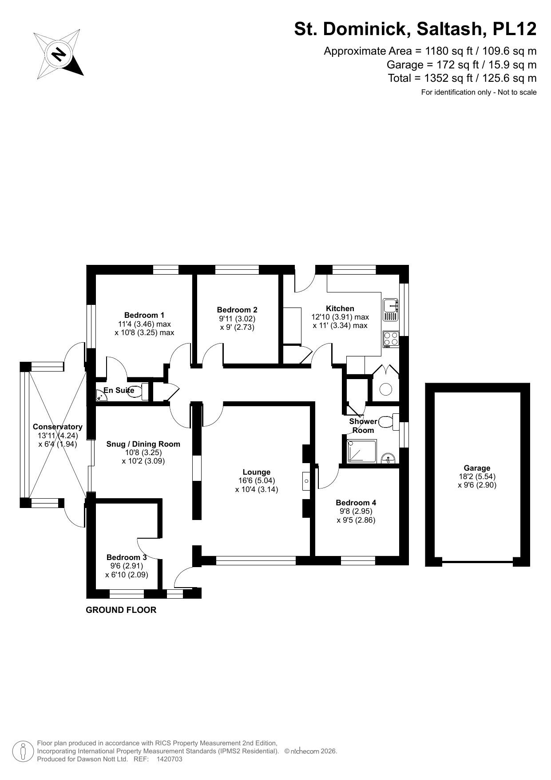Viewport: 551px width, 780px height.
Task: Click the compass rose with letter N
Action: coord(59,54)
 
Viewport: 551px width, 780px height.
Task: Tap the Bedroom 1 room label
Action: coord(144,315)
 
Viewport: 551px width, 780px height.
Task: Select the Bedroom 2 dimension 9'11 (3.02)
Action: coord(237,319)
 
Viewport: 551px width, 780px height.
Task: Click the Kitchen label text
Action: coord(340,308)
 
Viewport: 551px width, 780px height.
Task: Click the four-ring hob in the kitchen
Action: coord(391,339)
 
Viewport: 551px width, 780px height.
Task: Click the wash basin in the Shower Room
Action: coord(388,458)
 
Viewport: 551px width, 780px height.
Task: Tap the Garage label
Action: coord(477,468)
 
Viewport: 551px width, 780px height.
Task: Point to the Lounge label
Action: coord(256,472)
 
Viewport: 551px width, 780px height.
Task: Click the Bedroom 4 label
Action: coord(356,503)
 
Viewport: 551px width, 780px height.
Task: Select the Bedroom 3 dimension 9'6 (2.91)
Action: coord(127,566)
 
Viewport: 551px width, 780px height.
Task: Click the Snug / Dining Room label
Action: coord(143,444)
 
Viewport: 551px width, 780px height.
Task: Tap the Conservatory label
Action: coord(57,427)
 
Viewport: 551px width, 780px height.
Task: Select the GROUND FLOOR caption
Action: coord(121,610)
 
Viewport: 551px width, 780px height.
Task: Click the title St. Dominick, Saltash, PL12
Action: coord(415,29)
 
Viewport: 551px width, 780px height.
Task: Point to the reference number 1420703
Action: coord(169,759)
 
